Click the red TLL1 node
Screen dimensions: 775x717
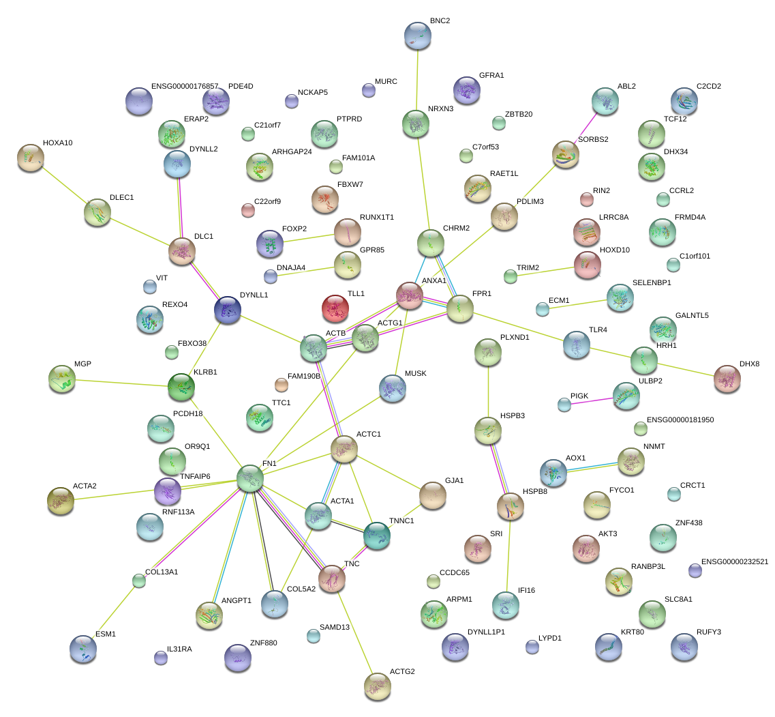[335, 308]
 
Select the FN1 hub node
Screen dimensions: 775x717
[250, 478]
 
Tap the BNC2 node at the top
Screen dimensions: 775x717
[418, 35]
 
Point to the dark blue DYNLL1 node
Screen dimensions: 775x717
[228, 310]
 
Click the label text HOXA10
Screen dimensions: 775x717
[58, 143]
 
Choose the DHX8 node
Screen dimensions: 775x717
[727, 379]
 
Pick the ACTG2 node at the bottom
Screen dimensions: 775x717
[377, 686]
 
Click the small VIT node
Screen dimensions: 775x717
[150, 287]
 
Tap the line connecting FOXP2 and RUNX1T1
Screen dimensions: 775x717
[308, 239]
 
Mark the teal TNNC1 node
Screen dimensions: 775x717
[377, 536]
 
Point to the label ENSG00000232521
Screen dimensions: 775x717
[735, 561]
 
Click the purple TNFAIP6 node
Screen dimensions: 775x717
[168, 491]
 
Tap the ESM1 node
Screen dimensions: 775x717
[83, 649]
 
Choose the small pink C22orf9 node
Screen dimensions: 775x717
[247, 210]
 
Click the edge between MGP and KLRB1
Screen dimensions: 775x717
[121, 383]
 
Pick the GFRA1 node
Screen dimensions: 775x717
[467, 90]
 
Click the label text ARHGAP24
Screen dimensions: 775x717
[292, 152]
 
